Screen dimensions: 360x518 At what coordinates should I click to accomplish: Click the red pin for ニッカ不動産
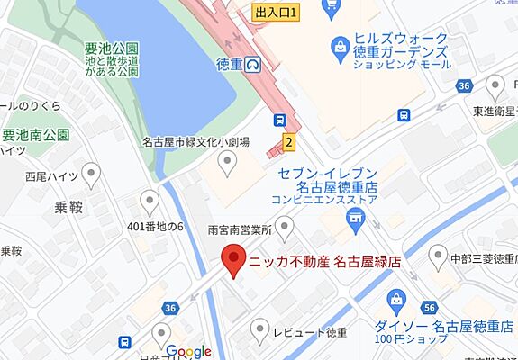(x=234, y=259)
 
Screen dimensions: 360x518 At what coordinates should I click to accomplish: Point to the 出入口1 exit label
(x=276, y=13)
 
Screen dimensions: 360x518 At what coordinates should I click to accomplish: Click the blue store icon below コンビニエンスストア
(x=356, y=217)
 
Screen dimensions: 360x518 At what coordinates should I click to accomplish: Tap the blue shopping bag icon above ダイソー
(x=395, y=300)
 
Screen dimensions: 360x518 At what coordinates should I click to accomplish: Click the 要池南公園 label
(x=37, y=136)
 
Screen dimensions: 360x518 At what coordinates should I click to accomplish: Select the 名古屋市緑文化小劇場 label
(x=195, y=142)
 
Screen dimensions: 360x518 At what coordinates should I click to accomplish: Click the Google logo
(x=188, y=351)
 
